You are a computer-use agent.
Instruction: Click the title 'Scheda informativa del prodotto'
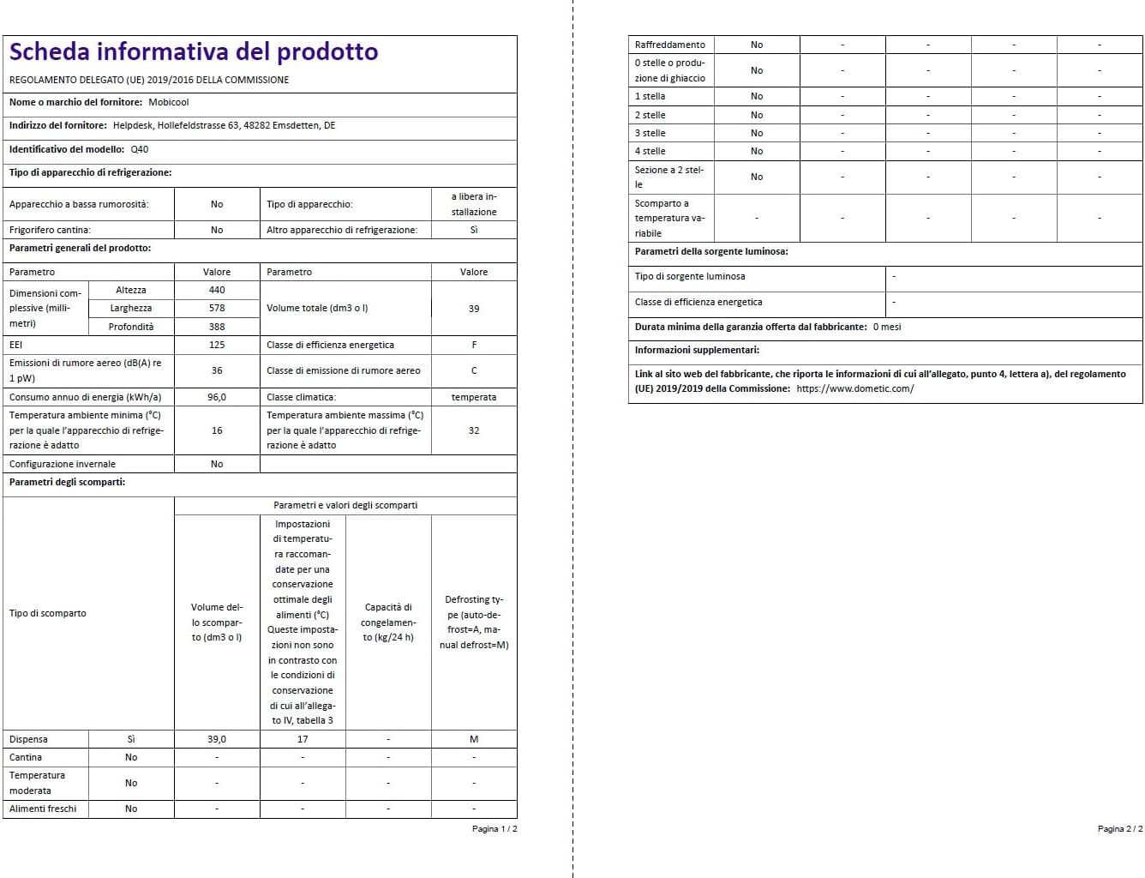[x=194, y=52]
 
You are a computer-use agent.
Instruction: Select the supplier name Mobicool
[x=169, y=102]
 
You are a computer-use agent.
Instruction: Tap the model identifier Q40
[x=140, y=149]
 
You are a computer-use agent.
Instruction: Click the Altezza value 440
[x=217, y=290]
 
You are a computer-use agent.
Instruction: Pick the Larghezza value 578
[x=217, y=308]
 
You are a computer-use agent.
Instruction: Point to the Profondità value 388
[x=217, y=327]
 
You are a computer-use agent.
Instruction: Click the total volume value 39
[x=474, y=309]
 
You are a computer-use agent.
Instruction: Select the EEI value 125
[x=217, y=345]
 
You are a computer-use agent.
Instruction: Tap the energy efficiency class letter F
[x=474, y=345]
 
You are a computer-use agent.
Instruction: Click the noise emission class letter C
[x=474, y=370]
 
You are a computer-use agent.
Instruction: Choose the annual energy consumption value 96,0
[x=217, y=397]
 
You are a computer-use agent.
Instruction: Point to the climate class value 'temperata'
[x=474, y=397]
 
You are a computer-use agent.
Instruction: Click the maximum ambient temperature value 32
[x=474, y=430]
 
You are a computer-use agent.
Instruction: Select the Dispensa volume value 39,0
[x=217, y=739]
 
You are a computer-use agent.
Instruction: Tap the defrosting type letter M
[x=474, y=739]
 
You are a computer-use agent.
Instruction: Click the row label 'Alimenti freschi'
[x=43, y=809]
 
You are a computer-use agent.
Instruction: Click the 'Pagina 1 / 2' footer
[x=495, y=829]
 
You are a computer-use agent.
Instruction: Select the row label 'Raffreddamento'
[x=670, y=45]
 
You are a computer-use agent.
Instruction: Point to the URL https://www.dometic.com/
[x=855, y=388]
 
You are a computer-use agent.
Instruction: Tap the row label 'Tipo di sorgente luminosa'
[x=690, y=276]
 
